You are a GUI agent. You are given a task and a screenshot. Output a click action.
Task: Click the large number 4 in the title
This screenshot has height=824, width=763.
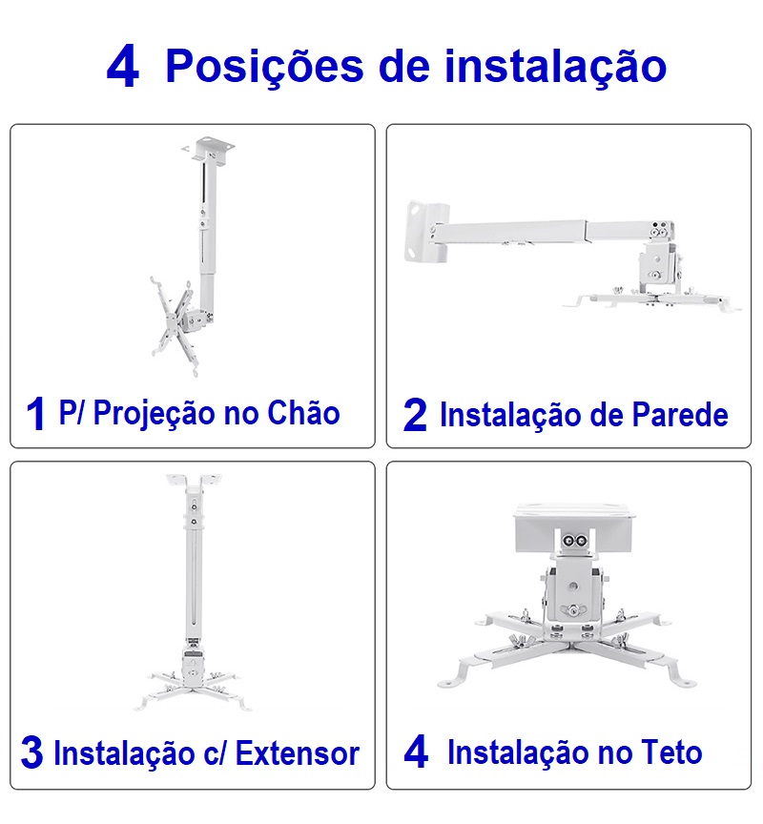pos(123,68)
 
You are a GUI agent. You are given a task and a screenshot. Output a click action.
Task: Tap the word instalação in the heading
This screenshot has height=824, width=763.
pos(555,66)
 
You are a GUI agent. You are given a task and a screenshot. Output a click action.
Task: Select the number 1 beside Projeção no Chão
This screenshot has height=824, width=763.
pos(36,415)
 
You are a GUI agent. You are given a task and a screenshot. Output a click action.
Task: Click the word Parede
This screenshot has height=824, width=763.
pos(680,415)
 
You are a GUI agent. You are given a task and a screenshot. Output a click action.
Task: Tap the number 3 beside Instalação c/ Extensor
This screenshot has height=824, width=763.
pos(31,753)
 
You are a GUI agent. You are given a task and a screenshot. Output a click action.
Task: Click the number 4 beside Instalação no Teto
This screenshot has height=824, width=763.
pos(416,752)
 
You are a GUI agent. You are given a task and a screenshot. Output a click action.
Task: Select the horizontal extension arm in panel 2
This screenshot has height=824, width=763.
pos(534,233)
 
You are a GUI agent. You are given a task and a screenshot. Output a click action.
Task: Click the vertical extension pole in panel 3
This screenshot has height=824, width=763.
pos(194,572)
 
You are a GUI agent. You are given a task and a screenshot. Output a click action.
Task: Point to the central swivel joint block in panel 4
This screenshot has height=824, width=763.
pos(573,591)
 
